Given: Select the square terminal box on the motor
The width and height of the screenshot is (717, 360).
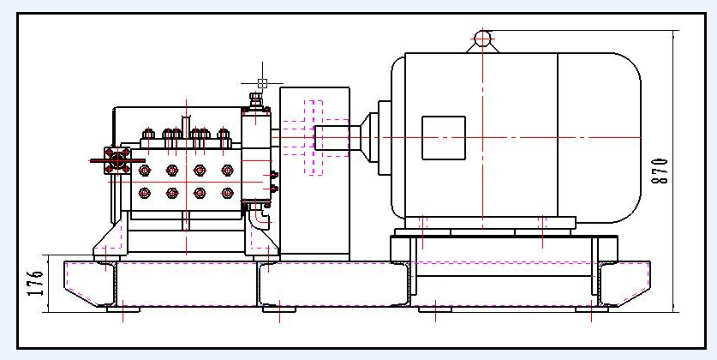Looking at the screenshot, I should coord(444,137).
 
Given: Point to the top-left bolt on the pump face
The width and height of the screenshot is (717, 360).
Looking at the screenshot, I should coord(145,170).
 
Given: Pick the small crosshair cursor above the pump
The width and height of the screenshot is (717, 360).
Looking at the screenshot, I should coord(262,83).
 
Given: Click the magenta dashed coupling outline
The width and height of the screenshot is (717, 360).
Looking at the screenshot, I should coord(314,137).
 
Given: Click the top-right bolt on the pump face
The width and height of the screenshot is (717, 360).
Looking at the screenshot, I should coord(227,170).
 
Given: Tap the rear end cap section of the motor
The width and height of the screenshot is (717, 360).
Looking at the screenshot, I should coord(600,137).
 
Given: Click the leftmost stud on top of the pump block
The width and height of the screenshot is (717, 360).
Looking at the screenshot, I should coord(147,134).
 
